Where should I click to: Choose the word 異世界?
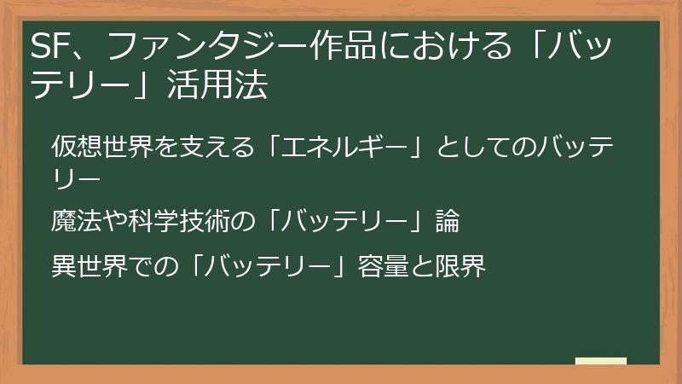coord(82,266)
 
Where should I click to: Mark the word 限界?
coord(465,266)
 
